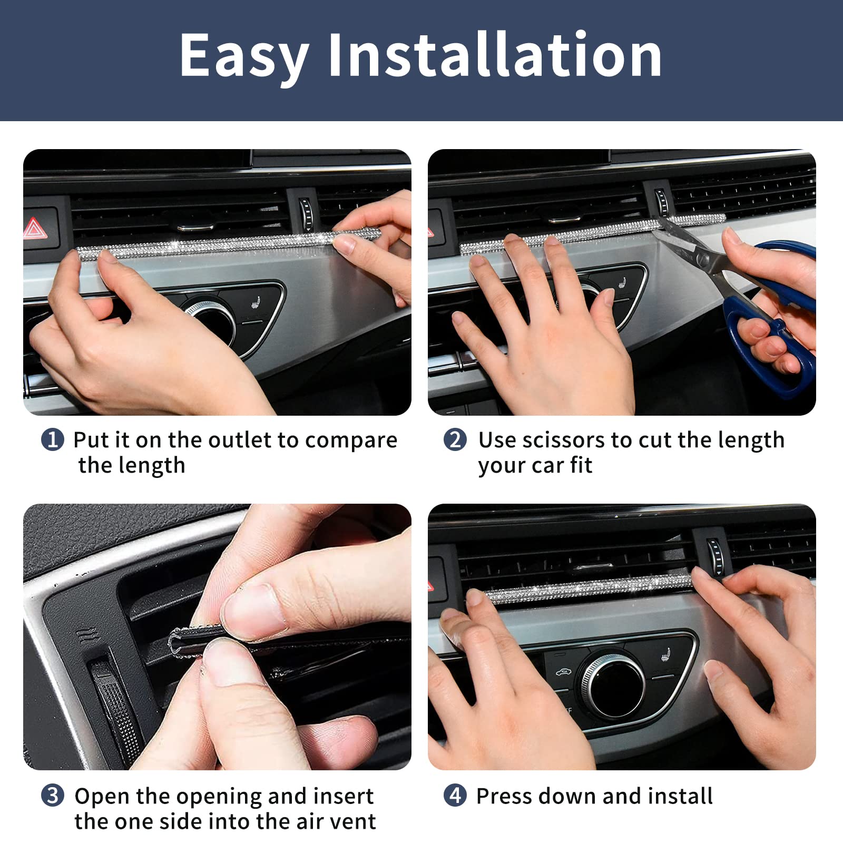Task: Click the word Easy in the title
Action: pos(243,55)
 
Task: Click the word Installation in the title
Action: pos(494,55)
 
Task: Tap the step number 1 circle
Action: pos(52,439)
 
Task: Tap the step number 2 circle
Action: pos(455,439)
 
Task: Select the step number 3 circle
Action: pos(52,795)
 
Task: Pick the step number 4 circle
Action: pos(455,795)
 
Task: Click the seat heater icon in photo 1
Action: pos(257,304)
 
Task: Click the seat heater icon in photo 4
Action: pos(667,657)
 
